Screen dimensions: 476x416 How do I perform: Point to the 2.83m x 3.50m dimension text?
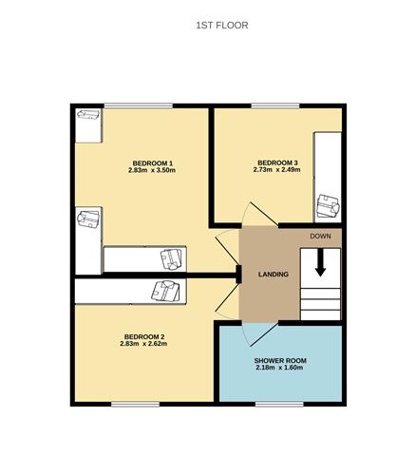pos(152,171)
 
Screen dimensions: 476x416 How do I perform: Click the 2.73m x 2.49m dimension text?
pos(278,172)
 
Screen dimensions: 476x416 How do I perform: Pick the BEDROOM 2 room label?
pos(144,337)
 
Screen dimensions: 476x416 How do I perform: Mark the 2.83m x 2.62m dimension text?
pos(144,346)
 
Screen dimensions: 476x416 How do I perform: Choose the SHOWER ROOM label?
pos(279,361)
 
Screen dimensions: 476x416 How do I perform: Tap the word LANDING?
pos(274,275)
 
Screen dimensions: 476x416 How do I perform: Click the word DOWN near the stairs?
pos(320,236)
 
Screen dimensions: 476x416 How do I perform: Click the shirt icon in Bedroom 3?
pos(329,203)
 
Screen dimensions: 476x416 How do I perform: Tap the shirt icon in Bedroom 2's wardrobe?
pos(165,290)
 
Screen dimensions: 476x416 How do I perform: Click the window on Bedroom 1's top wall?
pos(131,105)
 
